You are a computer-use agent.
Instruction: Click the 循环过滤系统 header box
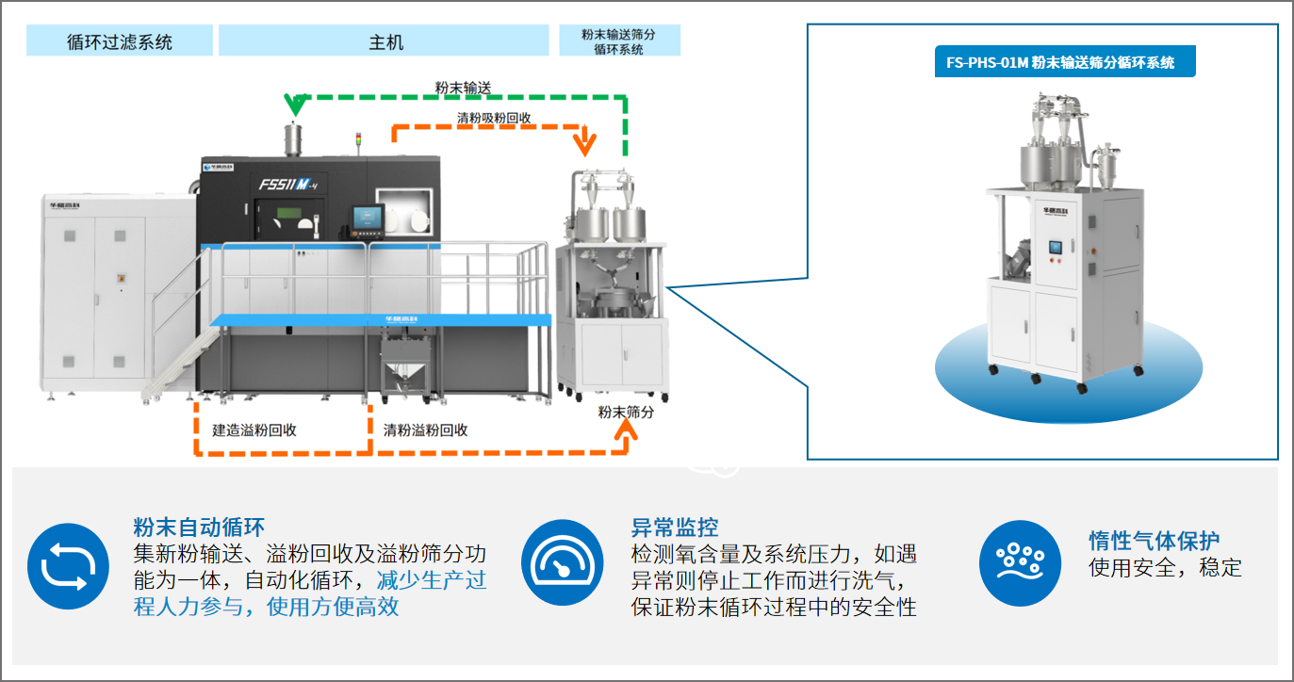pyautogui.click(x=120, y=41)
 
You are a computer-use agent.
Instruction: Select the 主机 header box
pyautogui.click(x=384, y=41)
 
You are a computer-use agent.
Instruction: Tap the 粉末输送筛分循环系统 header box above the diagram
pyautogui.click(x=618, y=41)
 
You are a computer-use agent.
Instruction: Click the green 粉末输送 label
pyautogui.click(x=463, y=87)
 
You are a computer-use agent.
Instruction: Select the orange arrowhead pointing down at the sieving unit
pyautogui.click(x=586, y=144)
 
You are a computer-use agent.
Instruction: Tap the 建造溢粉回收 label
pyautogui.click(x=254, y=430)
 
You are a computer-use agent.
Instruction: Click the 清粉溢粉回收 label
pyautogui.click(x=425, y=430)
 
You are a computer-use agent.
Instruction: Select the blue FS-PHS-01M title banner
pyautogui.click(x=1061, y=62)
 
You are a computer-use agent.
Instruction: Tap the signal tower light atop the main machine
pyautogui.click(x=357, y=141)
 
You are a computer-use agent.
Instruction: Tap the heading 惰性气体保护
pyautogui.click(x=1154, y=541)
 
